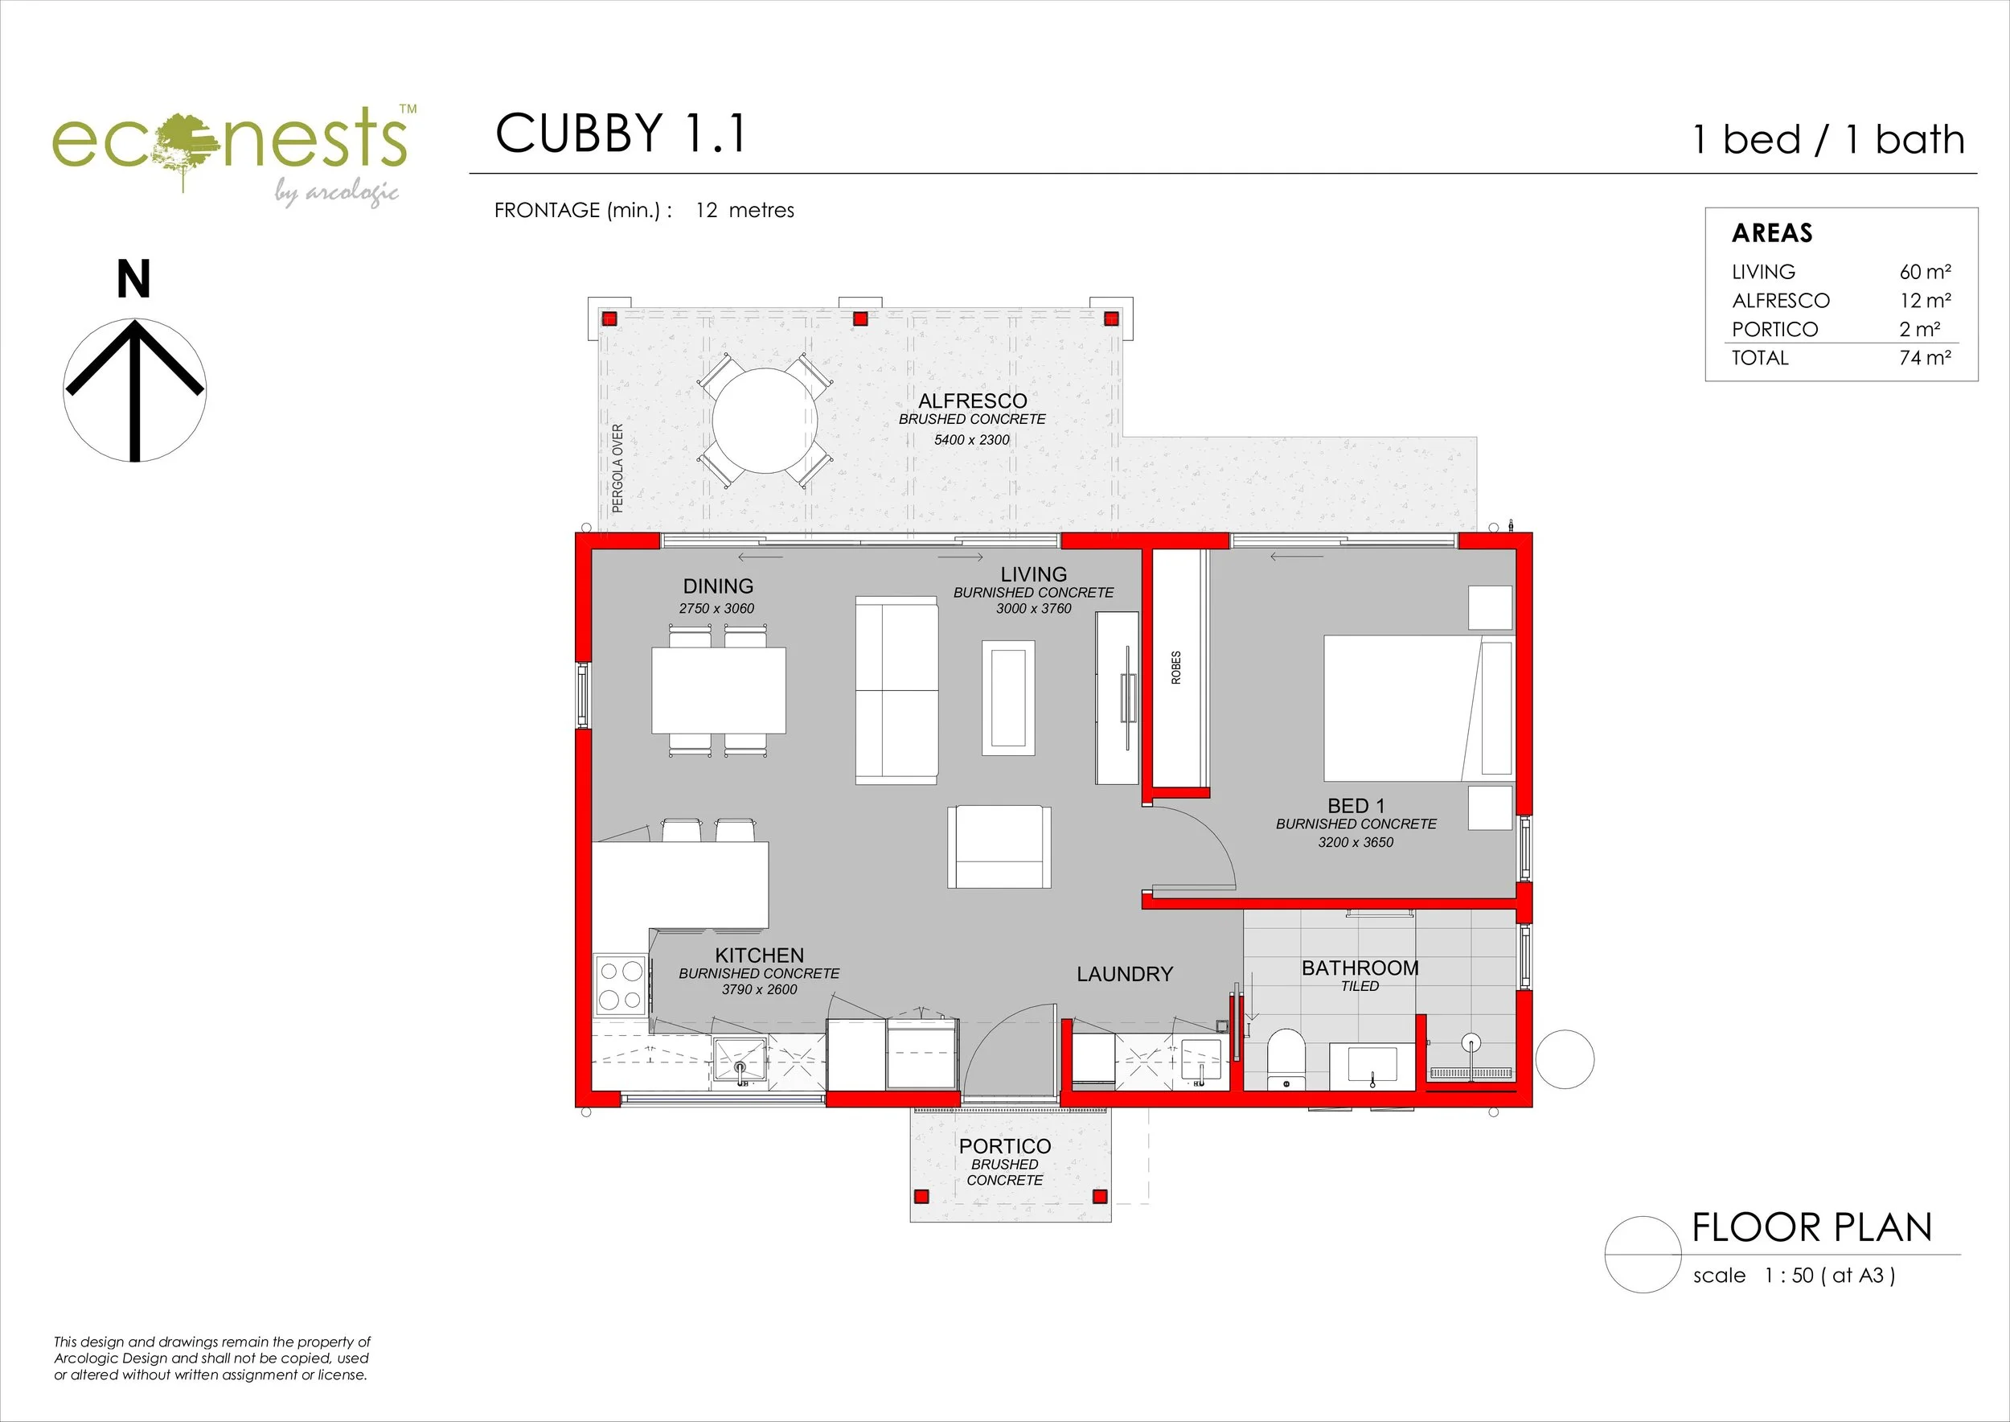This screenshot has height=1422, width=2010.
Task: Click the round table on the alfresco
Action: coord(765,421)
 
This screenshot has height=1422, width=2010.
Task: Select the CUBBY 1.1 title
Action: coord(621,134)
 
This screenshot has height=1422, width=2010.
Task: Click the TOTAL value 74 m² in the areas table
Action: coord(1924,358)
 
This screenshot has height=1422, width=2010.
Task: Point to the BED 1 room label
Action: coord(1356,806)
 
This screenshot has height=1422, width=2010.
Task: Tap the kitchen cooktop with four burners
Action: coord(620,985)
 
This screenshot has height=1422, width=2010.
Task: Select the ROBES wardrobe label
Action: coord(1175,668)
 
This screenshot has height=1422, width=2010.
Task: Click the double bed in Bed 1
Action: coord(1417,708)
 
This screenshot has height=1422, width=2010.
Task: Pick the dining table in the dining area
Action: coord(718,690)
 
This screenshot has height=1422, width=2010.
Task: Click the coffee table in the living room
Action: coord(1007,697)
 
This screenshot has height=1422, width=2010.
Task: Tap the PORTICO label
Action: coord(1004,1146)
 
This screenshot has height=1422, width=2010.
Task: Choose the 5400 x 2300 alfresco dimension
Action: coord(972,440)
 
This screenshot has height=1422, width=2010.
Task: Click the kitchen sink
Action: coord(740,1060)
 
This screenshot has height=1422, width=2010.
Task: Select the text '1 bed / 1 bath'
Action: coord(1829,140)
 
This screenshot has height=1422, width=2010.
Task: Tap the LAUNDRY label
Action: coord(1124,974)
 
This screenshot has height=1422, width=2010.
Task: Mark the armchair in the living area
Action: coord(998,847)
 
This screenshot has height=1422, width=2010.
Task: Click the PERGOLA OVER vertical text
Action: coord(617,467)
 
